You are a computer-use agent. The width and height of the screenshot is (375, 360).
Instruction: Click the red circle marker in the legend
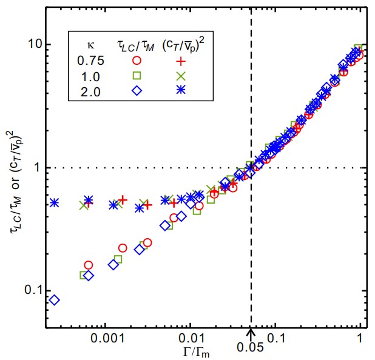[x=137, y=59]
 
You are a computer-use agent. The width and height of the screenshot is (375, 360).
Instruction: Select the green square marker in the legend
[x=137, y=75]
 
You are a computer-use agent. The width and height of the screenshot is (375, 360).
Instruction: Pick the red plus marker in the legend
[x=179, y=59]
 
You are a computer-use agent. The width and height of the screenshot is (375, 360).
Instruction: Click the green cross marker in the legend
[x=179, y=75]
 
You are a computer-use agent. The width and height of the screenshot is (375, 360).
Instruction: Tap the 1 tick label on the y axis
[x=38, y=168]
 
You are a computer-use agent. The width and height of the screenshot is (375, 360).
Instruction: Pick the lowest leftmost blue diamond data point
[x=54, y=300]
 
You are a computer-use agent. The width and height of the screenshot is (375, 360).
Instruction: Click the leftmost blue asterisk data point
[x=54, y=202]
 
